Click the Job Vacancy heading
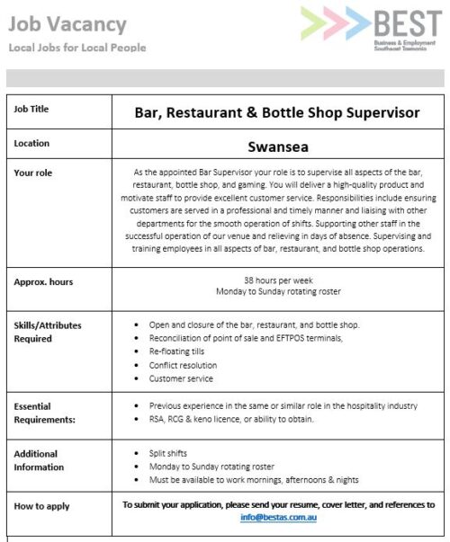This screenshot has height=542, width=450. tap(67, 23)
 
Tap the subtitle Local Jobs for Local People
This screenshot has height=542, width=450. tap(76, 47)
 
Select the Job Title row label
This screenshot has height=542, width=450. tap(32, 110)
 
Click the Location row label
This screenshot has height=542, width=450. tap(32, 143)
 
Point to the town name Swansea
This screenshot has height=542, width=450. tap(277, 144)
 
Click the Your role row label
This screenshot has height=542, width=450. tap(34, 172)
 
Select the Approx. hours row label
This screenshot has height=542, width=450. tap(43, 281)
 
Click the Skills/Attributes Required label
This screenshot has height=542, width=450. tap(46, 333)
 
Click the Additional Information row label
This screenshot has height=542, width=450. tap(39, 460)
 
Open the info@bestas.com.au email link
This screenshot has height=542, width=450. tap(278, 518)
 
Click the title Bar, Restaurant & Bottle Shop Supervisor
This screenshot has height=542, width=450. tap(277, 112)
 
